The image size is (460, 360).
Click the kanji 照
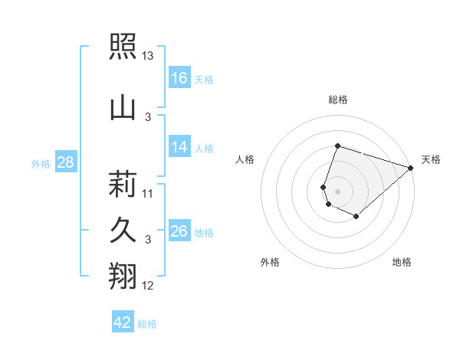tap(123, 46)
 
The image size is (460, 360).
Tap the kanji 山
tap(123, 109)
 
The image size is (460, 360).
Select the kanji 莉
tap(123, 184)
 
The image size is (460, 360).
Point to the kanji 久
tap(123, 230)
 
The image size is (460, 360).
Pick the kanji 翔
tap(123, 276)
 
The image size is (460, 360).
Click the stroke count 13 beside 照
tap(147, 56)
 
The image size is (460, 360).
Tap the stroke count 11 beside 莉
tap(147, 194)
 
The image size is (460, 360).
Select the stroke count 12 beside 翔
tap(147, 286)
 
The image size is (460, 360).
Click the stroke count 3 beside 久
tap(148, 240)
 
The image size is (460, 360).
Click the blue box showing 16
tap(179, 77)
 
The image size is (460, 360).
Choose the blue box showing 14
tap(179, 146)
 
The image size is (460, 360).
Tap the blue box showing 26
tap(179, 230)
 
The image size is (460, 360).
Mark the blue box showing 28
tap(66, 162)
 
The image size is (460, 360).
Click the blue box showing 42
tap(123, 321)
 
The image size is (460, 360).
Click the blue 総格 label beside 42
tap(147, 324)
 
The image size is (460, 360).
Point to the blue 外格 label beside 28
tap(41, 164)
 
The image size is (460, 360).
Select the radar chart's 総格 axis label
tap(338, 100)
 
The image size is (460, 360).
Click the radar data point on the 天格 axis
tap(411, 168)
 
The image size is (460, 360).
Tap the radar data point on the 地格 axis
tap(356, 216)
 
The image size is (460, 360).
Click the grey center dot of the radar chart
tap(337, 191)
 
